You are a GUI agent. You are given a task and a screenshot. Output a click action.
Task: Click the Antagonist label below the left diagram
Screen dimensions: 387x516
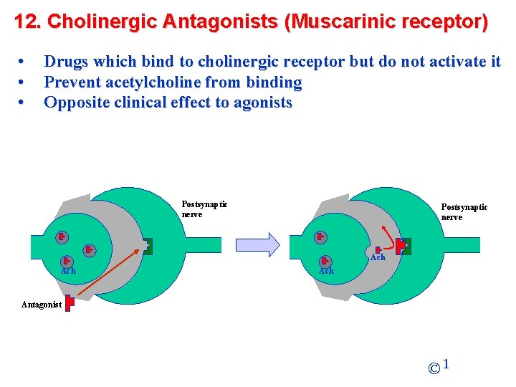tap(42, 305)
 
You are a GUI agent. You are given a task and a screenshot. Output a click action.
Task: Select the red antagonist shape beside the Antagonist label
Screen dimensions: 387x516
tap(69, 303)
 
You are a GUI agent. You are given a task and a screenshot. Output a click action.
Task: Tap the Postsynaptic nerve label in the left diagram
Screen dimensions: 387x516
tap(204, 209)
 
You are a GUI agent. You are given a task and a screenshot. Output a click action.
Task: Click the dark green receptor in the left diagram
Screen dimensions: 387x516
tap(147, 246)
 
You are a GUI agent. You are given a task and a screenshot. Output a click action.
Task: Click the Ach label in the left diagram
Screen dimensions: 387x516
tap(68, 271)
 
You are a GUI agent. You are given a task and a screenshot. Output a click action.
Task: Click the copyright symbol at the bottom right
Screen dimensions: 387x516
tap(434, 369)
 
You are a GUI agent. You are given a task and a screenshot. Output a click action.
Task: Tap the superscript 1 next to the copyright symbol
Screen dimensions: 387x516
tap(446, 365)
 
